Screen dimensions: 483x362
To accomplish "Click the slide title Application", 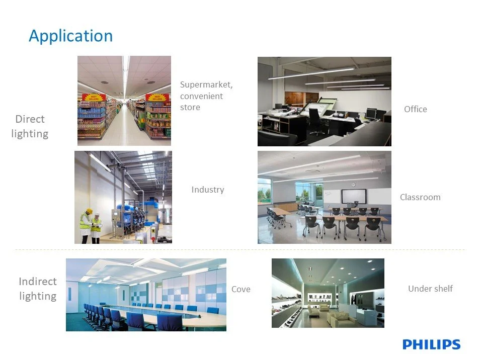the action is [71, 36].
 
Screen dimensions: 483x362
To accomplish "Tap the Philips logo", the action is [431, 344].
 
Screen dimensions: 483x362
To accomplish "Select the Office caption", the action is [415, 109].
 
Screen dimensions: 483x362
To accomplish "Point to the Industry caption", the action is [208, 190].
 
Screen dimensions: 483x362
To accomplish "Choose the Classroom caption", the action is [420, 197].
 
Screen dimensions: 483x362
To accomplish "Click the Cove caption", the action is [241, 289].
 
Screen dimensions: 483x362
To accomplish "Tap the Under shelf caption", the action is [430, 289].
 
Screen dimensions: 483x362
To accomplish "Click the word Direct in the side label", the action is [30, 119].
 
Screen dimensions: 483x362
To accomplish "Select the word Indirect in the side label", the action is [38, 282].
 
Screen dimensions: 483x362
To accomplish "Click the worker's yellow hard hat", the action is [89, 211].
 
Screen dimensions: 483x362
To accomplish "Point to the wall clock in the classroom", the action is [354, 185].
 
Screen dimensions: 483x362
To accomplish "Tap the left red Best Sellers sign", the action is [94, 98].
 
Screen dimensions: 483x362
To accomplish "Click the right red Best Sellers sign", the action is [157, 98].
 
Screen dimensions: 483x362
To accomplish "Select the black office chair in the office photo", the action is [316, 121].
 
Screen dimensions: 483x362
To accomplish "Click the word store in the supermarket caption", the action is [190, 108].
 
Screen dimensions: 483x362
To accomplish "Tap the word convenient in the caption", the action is [201, 96].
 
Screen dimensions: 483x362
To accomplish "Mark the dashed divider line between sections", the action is [240, 250].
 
